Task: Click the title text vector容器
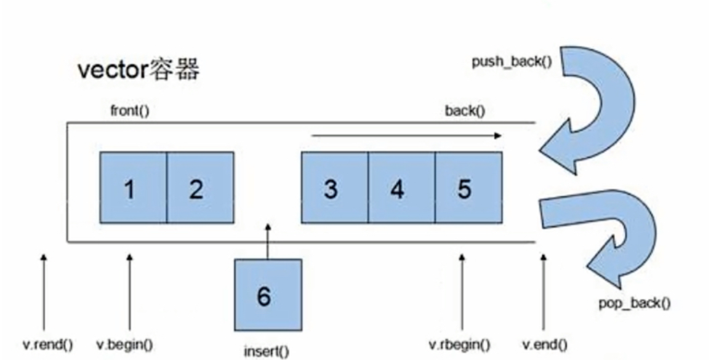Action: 139,70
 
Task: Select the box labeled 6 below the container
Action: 267,295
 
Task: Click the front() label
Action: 129,111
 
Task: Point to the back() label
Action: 465,111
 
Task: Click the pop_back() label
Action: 634,303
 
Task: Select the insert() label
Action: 266,351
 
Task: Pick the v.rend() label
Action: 48,345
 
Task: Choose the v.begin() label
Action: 125,345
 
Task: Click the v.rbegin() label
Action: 459,345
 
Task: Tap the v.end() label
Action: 545,345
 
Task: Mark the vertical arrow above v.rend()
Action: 43,292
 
